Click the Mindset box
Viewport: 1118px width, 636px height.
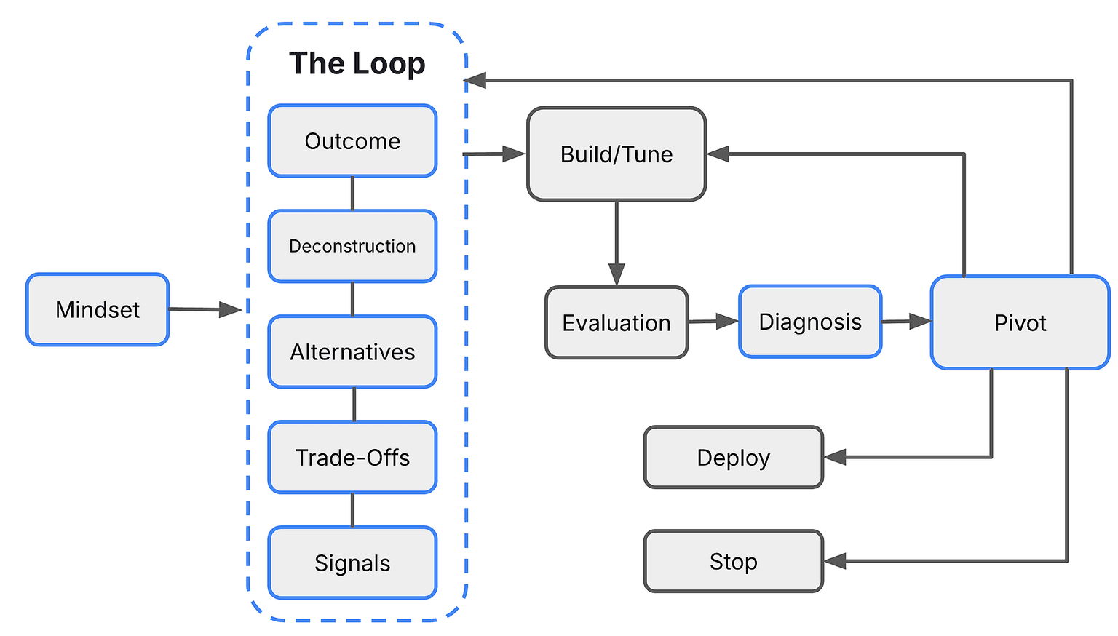[98, 309]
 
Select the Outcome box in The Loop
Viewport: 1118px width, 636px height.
[352, 140]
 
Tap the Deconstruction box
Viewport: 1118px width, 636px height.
[352, 246]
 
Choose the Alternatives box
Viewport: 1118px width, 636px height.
[352, 351]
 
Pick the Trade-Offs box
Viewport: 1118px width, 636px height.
[352, 457]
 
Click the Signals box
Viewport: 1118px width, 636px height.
[352, 563]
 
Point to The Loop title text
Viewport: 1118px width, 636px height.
[357, 63]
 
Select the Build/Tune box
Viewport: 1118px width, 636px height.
[617, 154]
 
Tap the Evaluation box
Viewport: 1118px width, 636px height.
[617, 322]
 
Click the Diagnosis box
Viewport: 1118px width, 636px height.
[810, 322]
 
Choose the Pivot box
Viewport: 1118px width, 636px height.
[1020, 322]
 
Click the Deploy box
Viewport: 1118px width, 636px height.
[733, 457]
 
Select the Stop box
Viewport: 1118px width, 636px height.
[733, 561]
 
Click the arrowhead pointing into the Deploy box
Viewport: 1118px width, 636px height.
[834, 457]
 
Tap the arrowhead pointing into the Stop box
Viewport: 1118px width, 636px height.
[834, 561]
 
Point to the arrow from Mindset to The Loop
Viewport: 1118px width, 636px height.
[204, 309]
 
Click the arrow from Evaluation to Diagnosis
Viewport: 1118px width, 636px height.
[713, 321]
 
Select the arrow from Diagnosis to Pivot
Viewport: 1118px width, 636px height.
[906, 321]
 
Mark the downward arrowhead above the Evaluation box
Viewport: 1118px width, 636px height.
[617, 274]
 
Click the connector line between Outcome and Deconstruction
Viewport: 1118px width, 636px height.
[353, 194]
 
